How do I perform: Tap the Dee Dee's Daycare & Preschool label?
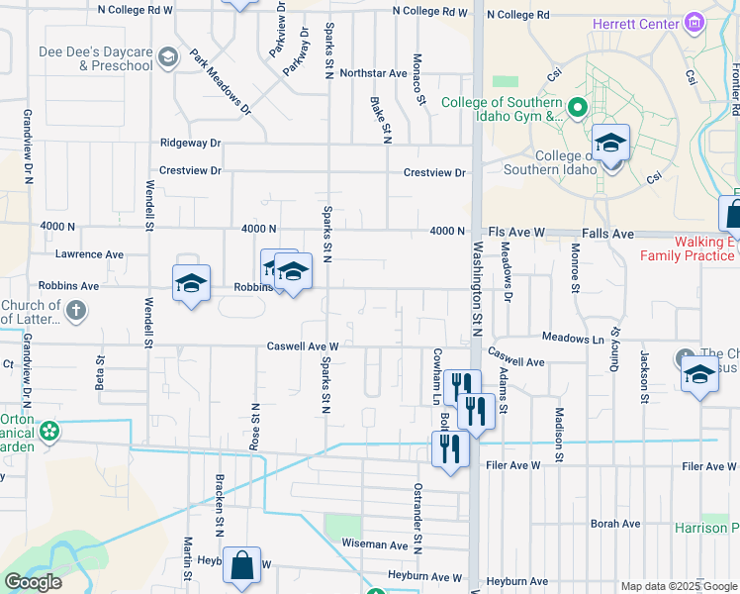pos(96,58)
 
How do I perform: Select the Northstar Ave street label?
pos(373,73)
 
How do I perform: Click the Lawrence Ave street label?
pos(89,254)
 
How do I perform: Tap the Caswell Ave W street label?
pos(304,346)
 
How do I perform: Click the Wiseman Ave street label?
pos(373,544)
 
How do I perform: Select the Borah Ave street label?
pos(615,524)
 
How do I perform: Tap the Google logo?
pos(33,582)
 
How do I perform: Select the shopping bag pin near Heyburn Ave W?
pos(241,567)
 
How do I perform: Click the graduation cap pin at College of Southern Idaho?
pos(610,144)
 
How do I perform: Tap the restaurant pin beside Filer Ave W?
pos(450,449)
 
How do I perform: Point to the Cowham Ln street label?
pos(435,374)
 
